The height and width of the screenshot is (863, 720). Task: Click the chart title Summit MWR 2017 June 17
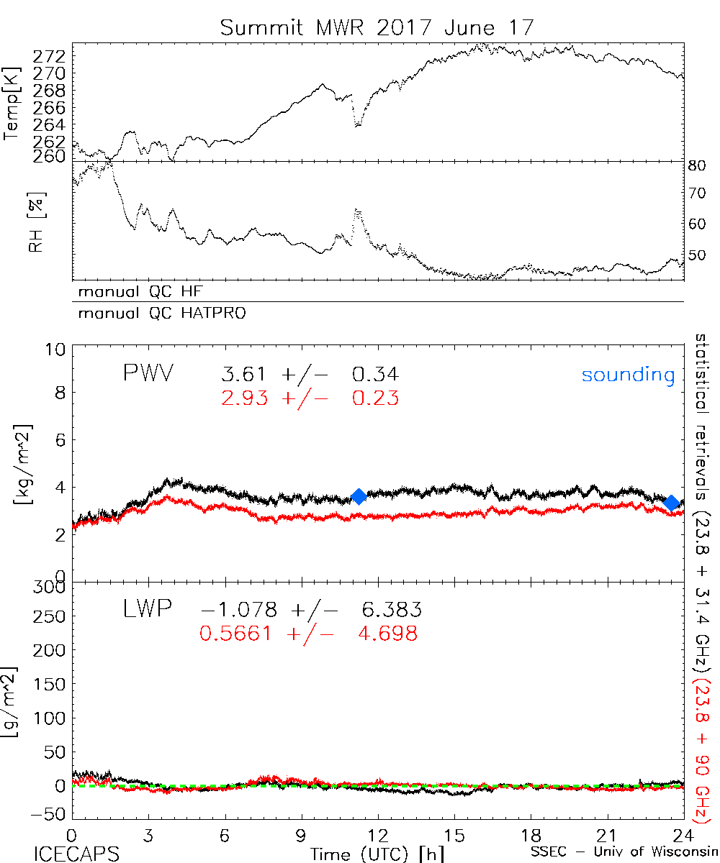(377, 28)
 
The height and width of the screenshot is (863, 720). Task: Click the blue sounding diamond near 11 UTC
(358, 496)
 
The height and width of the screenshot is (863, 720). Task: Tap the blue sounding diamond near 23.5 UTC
(672, 503)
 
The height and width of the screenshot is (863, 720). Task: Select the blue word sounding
(628, 375)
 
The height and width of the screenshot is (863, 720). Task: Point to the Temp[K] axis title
(14, 102)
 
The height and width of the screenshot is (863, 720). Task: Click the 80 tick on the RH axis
(698, 166)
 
